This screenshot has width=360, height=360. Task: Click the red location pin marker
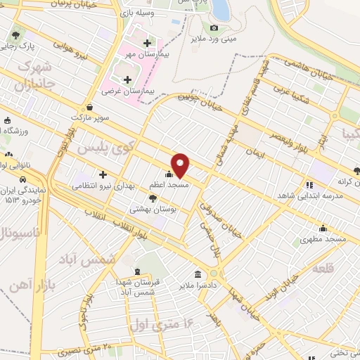[x=181, y=165]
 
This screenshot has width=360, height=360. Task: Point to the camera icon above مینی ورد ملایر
[x=214, y=27]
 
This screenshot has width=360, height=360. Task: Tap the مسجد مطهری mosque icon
[x=323, y=228]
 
